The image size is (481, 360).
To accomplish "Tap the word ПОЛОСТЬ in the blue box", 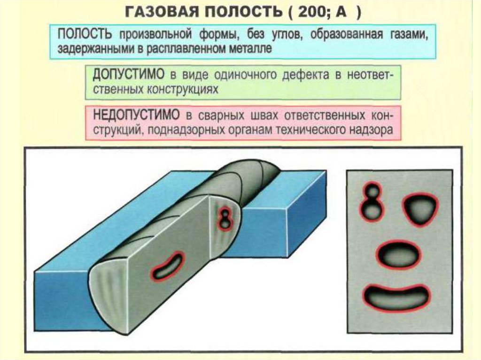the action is tap(85, 35).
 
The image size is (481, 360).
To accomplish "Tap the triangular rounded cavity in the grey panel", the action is tap(419, 209).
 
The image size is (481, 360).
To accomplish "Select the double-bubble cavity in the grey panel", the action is tap(372, 202).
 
